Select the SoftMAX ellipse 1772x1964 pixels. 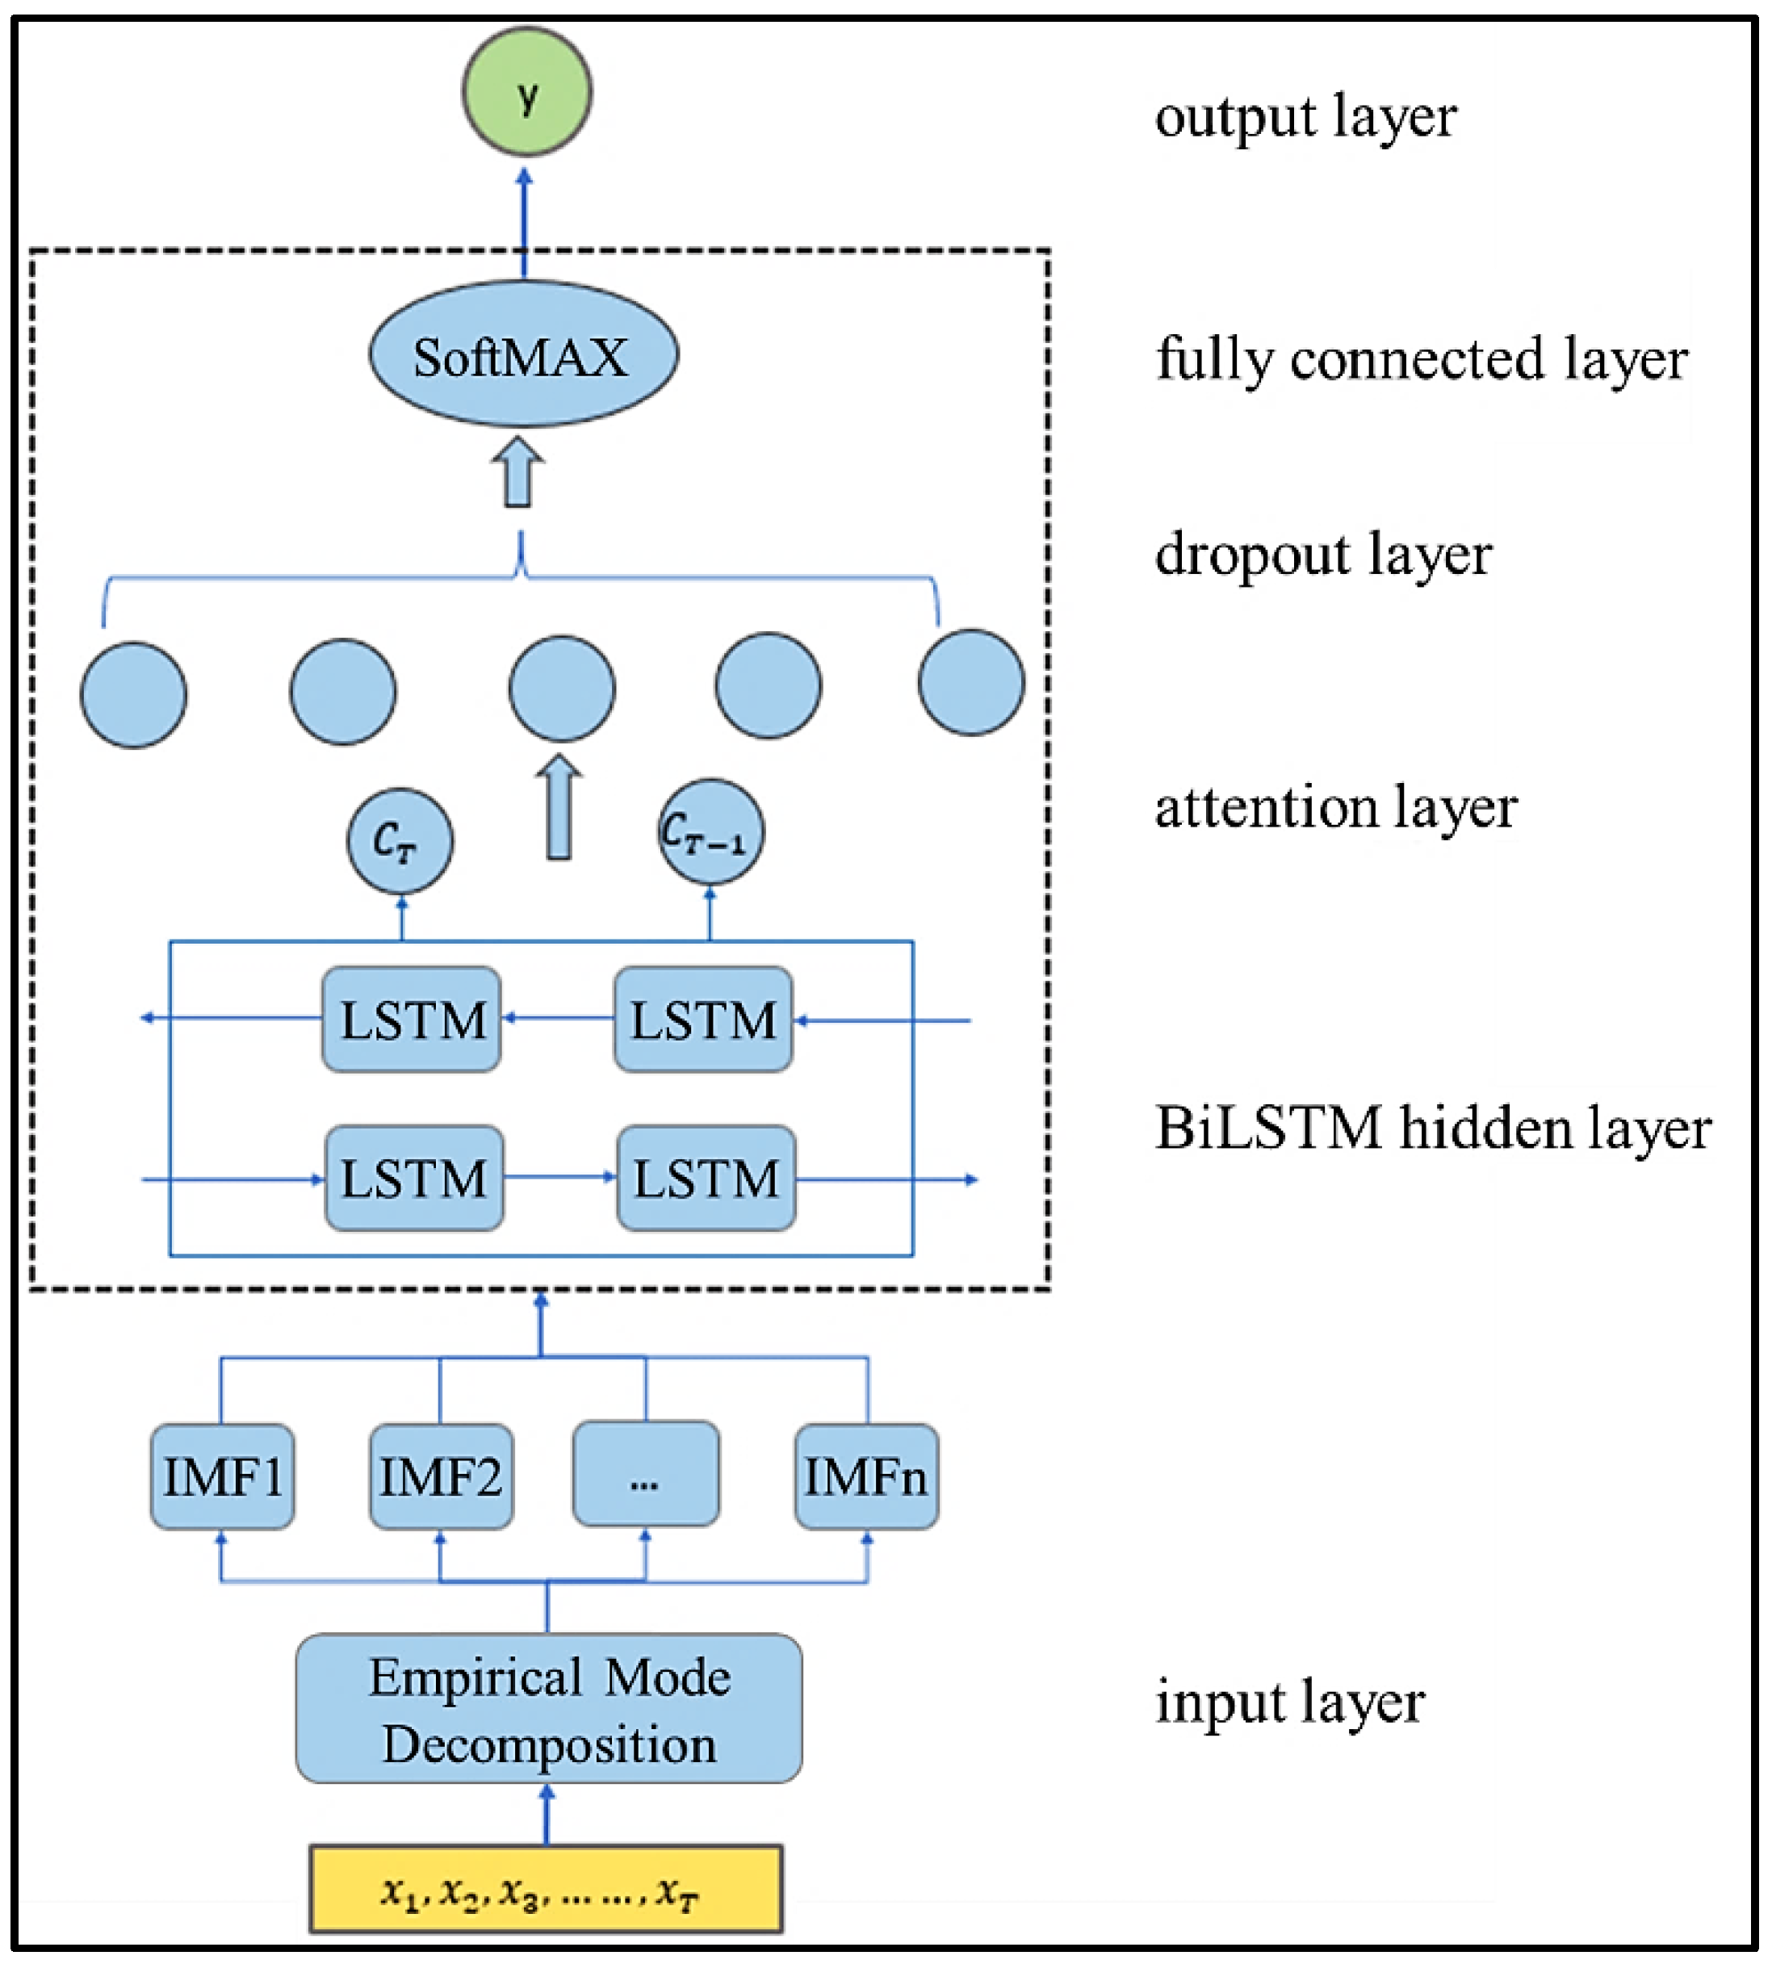tap(523, 354)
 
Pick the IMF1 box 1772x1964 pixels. tap(222, 1477)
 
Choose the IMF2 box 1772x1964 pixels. tap(441, 1477)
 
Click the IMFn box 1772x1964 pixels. tap(865, 1477)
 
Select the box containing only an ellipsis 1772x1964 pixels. tap(646, 1474)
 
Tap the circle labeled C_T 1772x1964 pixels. tap(399, 841)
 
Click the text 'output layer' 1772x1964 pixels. tap(1305, 119)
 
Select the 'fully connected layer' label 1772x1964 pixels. tap(1421, 360)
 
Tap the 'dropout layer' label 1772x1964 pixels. tap(1322, 556)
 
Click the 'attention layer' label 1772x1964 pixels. tap(1334, 808)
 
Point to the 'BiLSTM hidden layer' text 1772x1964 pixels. tap(1432, 1129)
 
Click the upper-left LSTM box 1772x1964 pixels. tap(412, 1020)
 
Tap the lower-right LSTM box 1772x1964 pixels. tap(706, 1179)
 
